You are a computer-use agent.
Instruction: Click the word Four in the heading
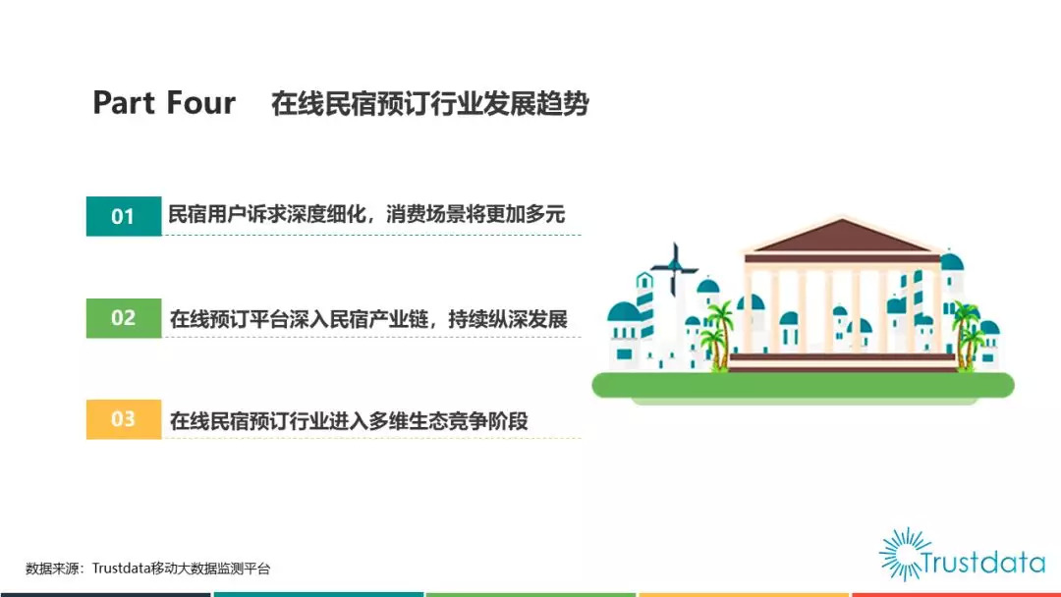pos(201,103)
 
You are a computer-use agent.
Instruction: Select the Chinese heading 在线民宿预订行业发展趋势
pos(429,103)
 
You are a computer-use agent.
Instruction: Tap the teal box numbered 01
pos(124,216)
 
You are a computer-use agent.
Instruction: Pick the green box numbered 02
pos(124,318)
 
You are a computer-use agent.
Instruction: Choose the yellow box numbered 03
pos(124,419)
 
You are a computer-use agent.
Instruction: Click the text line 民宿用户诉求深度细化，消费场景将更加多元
pos(366,214)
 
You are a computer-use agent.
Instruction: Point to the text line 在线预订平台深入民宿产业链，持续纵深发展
pos(368,318)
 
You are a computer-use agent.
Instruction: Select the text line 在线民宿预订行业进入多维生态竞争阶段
pos(349,420)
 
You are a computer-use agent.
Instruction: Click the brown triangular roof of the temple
pos(842,237)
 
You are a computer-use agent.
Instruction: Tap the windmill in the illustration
pos(674,268)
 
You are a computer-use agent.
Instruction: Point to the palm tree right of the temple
pos(967,336)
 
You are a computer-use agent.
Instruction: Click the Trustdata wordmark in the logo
pos(983,562)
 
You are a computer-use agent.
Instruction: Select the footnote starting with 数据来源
pos(148,569)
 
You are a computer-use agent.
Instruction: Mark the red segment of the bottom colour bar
pos(956,595)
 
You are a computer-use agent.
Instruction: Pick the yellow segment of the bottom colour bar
pos(744,595)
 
